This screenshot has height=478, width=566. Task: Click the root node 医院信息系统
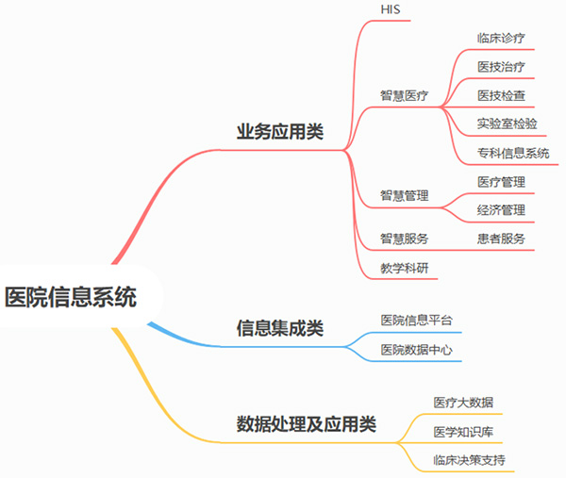pyautogui.click(x=71, y=298)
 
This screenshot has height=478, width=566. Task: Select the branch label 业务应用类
pyautogui.click(x=279, y=131)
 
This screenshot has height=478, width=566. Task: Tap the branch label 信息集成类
pyautogui.click(x=279, y=328)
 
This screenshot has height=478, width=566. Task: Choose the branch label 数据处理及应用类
pyautogui.click(x=306, y=424)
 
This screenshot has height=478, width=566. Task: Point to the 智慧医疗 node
pyautogui.click(x=404, y=95)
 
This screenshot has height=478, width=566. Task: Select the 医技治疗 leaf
pyautogui.click(x=501, y=67)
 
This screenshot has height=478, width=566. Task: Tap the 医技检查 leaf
pyautogui.click(x=501, y=95)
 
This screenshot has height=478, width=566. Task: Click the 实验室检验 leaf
pyautogui.click(x=508, y=124)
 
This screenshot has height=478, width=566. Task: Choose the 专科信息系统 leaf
pyautogui.click(x=513, y=153)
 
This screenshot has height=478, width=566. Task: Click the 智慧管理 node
pyautogui.click(x=404, y=196)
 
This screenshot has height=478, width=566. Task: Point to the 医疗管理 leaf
pyautogui.click(x=501, y=182)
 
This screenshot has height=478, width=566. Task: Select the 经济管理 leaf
pyautogui.click(x=501, y=210)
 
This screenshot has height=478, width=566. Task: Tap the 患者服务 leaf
pyautogui.click(x=501, y=239)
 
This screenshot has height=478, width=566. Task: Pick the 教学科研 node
pyautogui.click(x=404, y=268)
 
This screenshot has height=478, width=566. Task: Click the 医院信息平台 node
pyautogui.click(x=416, y=321)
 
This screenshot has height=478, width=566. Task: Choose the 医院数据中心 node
pyautogui.click(x=416, y=350)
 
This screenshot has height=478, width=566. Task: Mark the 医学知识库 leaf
pyautogui.click(x=463, y=432)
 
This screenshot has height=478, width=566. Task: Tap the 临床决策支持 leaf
pyautogui.click(x=469, y=460)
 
